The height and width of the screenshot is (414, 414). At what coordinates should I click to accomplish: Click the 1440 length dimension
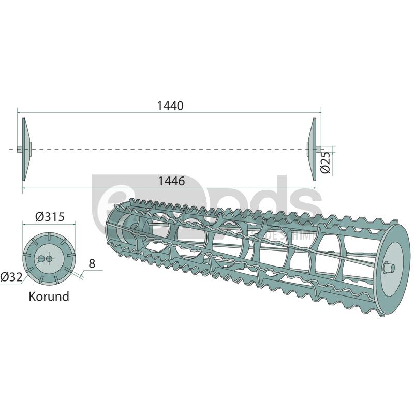(170, 106)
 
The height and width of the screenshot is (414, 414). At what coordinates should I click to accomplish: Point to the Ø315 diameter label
(50, 216)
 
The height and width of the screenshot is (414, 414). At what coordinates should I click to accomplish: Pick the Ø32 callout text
(11, 277)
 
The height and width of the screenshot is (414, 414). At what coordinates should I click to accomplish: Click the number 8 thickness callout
(92, 263)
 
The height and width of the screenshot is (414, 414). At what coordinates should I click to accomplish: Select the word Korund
(50, 297)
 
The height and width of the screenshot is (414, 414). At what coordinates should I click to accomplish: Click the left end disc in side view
(25, 149)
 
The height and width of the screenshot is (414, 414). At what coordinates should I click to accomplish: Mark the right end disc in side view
(313, 149)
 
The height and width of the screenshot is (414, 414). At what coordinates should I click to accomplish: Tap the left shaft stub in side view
(19, 150)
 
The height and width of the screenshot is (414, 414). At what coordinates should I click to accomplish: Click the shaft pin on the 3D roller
(389, 268)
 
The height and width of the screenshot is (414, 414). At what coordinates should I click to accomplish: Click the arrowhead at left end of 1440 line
(20, 111)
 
